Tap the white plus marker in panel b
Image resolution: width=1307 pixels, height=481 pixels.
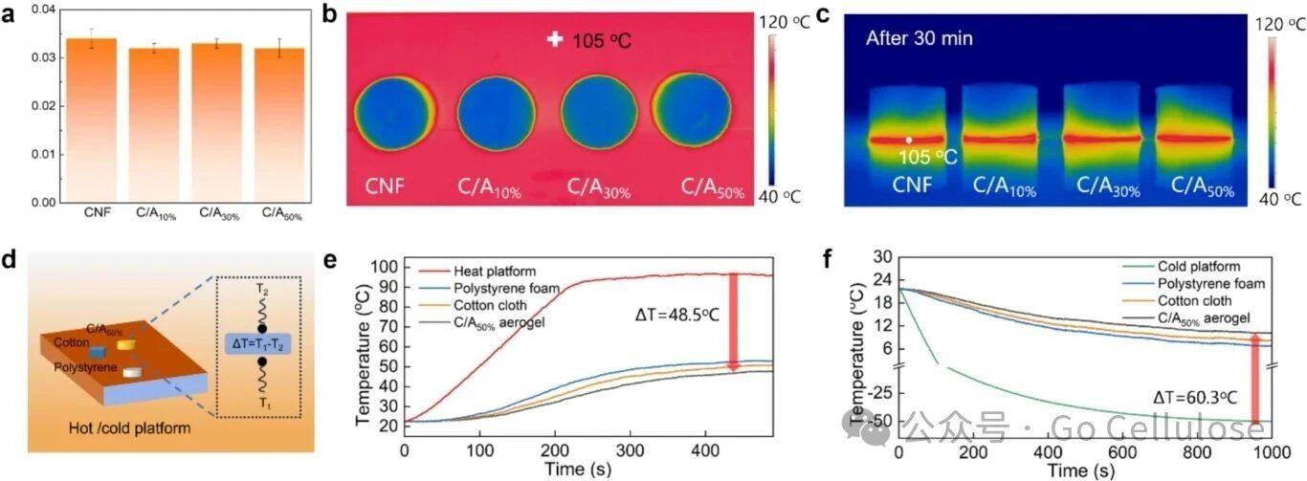tap(554, 39)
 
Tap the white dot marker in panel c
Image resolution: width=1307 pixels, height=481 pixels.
tap(909, 140)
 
